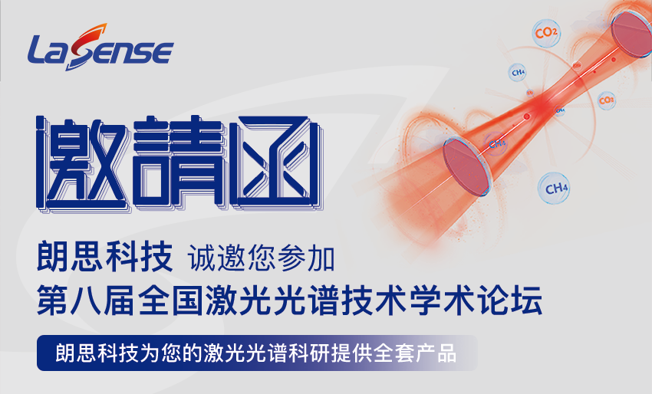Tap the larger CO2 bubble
coord(546,32)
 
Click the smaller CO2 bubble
coord(606,100)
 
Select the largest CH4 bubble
coord(554,189)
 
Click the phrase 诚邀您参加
coord(261,258)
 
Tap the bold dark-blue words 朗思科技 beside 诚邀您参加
coord(104,258)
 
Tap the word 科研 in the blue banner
coord(309,353)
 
